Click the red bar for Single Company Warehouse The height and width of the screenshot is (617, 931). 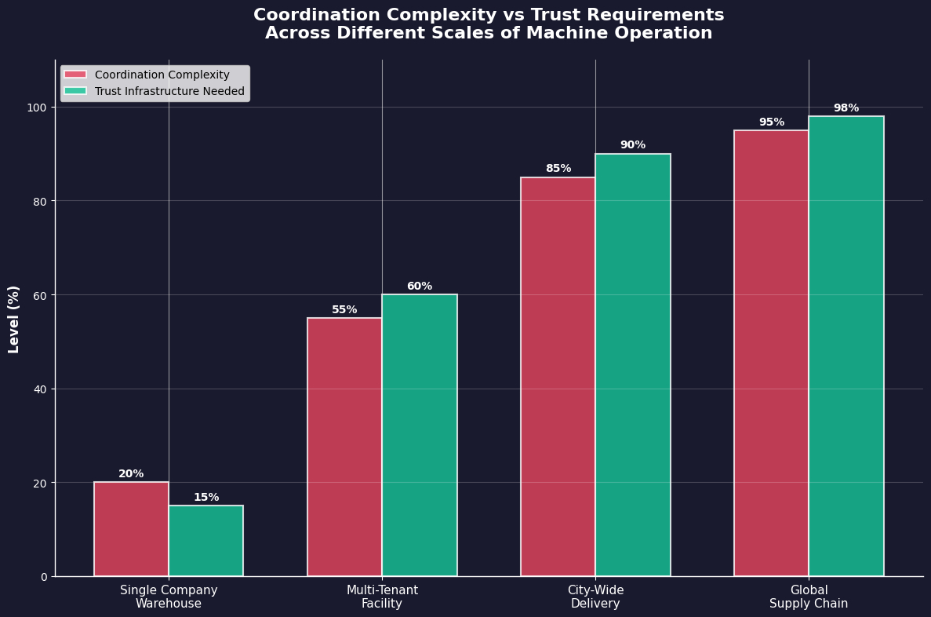point(131,529)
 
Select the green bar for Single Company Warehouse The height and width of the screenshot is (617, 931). point(205,541)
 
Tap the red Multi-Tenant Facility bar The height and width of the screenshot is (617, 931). point(344,447)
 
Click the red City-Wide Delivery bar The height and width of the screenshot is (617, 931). point(558,377)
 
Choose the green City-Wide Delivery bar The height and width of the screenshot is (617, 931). point(633,365)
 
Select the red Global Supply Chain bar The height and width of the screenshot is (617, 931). point(771,353)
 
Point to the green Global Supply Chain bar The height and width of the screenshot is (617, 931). point(846,346)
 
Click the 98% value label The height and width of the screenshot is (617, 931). point(846,108)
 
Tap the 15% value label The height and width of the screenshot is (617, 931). point(206,498)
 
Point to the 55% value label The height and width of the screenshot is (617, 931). point(344,310)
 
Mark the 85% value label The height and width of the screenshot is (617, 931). point(558,169)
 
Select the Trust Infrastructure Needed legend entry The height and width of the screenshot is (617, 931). point(169,92)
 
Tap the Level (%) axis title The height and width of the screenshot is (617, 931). point(14,319)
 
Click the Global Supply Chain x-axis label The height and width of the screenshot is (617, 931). point(809,597)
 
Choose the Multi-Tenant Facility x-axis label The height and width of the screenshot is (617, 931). point(382,597)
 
